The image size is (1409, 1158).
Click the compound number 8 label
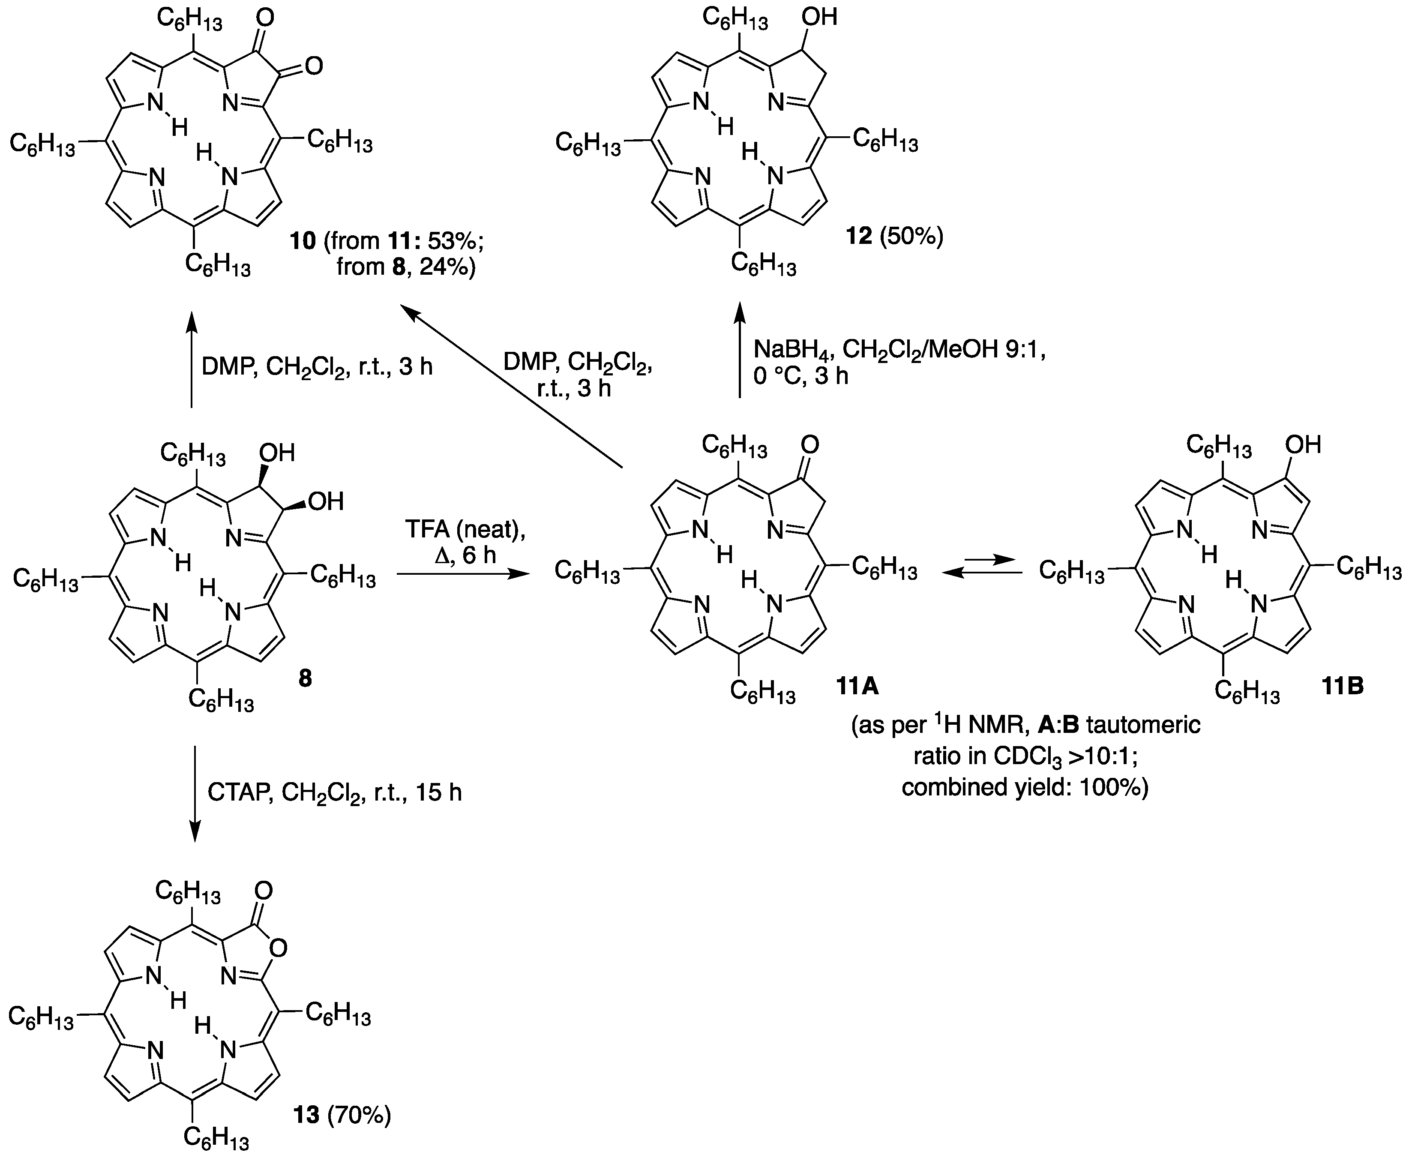pos(305,678)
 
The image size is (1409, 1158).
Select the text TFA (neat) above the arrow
pos(465,530)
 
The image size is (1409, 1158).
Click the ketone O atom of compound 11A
pos(810,444)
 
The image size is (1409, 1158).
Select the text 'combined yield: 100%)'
pos(1025,788)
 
